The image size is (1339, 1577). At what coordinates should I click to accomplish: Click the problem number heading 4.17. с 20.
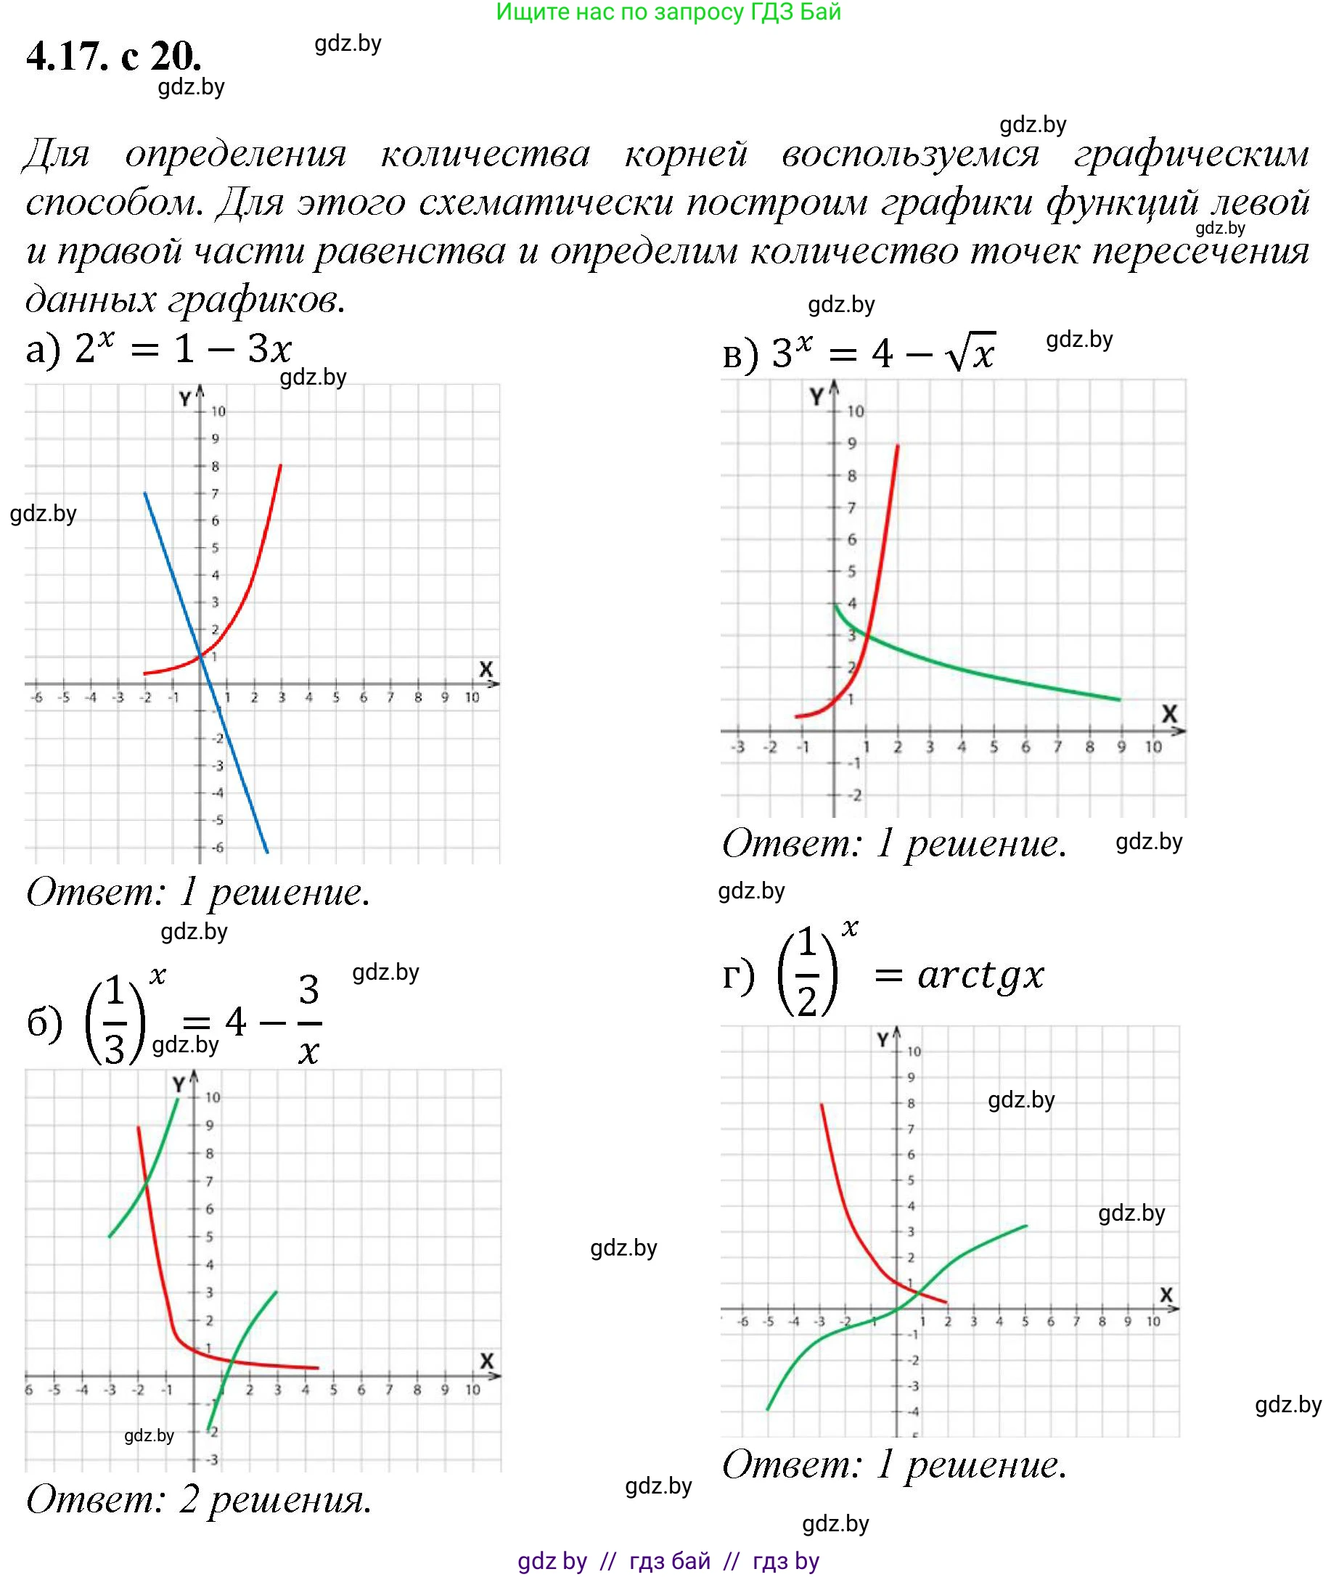point(114,56)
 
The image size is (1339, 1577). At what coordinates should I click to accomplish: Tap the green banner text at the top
point(668,12)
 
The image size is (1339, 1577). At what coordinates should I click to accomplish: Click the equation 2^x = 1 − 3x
point(182,349)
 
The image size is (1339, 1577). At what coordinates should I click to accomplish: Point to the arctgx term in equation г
point(980,975)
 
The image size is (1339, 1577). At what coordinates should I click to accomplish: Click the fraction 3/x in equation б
point(308,1020)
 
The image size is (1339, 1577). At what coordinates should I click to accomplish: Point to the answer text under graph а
point(199,893)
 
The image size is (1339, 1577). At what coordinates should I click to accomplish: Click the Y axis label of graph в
point(816,396)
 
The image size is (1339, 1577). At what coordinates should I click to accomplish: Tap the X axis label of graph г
point(1167,1295)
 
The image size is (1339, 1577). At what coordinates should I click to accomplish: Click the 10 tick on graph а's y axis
point(218,411)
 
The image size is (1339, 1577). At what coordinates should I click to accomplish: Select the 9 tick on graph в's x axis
point(1121,747)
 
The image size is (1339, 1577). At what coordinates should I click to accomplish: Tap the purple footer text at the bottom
point(668,1560)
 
